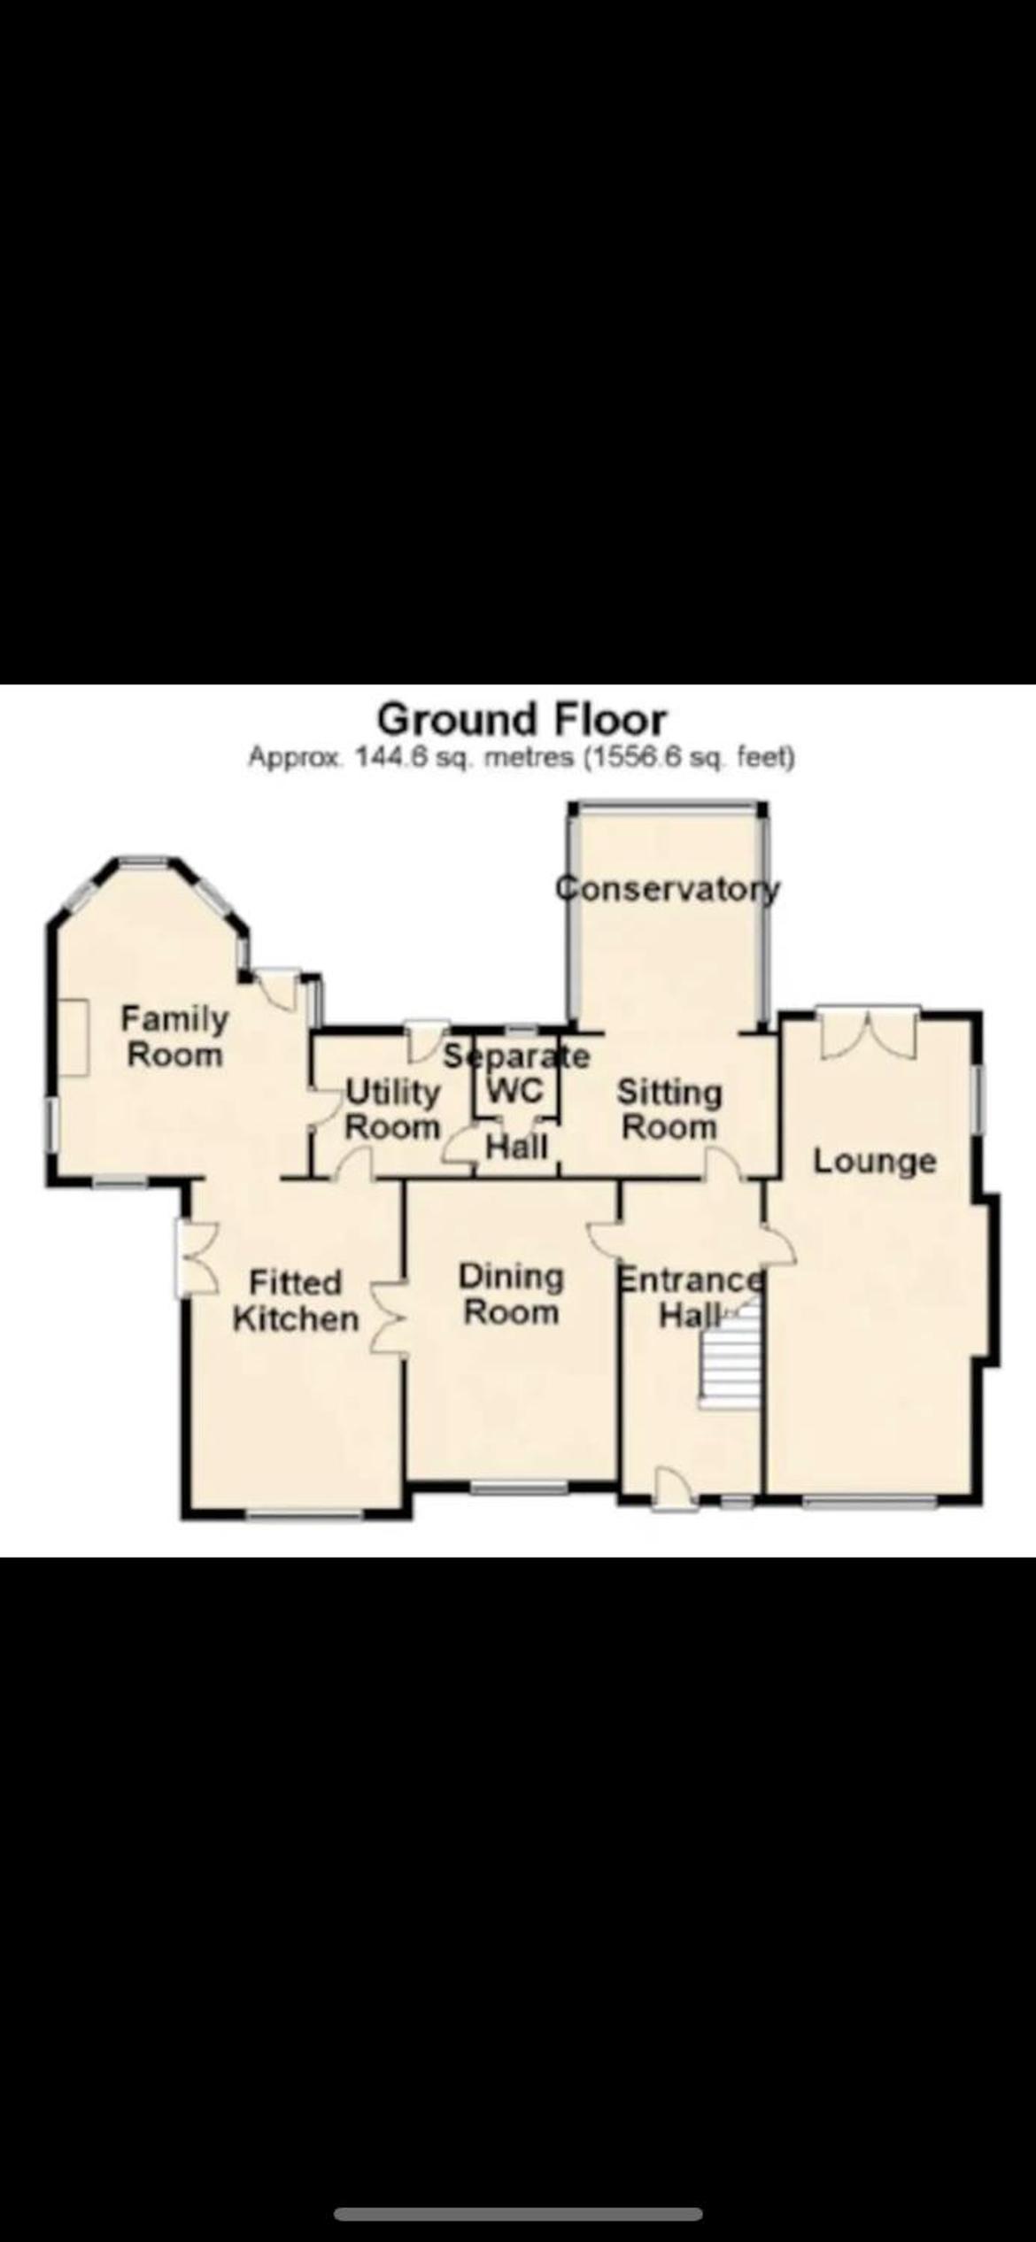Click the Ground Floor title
tap(522, 719)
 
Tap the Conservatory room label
tap(668, 887)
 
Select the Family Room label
tap(174, 1037)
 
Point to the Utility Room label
tap(392, 1109)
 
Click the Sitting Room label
tap(669, 1109)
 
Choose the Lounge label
tap(875, 1161)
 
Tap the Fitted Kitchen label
tap(295, 1301)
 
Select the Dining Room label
tap(511, 1295)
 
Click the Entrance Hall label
tap(691, 1297)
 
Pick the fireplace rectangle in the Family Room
tap(74, 1037)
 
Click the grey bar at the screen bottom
tap(518, 2207)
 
